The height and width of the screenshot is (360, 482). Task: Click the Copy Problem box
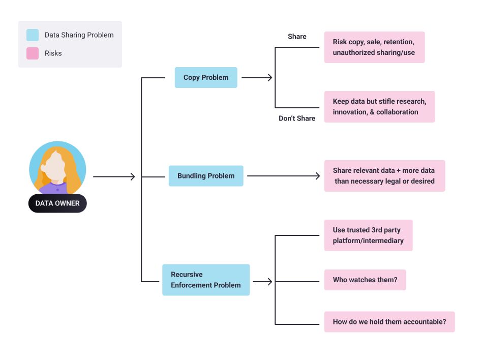coord(206,77)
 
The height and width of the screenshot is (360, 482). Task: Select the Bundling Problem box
coord(206,176)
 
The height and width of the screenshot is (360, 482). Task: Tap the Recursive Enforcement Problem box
coord(206,280)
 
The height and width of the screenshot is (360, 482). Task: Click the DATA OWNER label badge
coord(57,203)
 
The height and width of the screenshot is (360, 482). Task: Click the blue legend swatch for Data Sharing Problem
coord(33,35)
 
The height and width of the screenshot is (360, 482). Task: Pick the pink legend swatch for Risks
coord(33,53)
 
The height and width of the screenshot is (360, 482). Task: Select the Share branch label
coord(297,37)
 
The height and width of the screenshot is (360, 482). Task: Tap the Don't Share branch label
coord(297,118)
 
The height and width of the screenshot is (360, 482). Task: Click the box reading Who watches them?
coord(365,280)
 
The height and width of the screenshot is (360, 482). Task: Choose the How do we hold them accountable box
coord(389,322)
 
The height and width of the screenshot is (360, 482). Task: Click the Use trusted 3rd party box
coord(368,235)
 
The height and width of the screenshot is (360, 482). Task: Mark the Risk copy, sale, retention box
coord(374,47)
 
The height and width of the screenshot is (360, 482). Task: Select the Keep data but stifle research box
coord(380,107)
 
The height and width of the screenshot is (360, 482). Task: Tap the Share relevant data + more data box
coord(384,176)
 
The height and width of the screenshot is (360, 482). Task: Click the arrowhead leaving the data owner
coord(133,177)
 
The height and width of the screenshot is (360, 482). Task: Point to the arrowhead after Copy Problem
coord(270,77)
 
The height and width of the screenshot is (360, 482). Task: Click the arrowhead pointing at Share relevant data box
coord(318,176)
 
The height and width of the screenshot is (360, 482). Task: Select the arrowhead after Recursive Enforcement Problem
coord(270,282)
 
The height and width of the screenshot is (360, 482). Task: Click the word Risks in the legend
coord(53,53)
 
